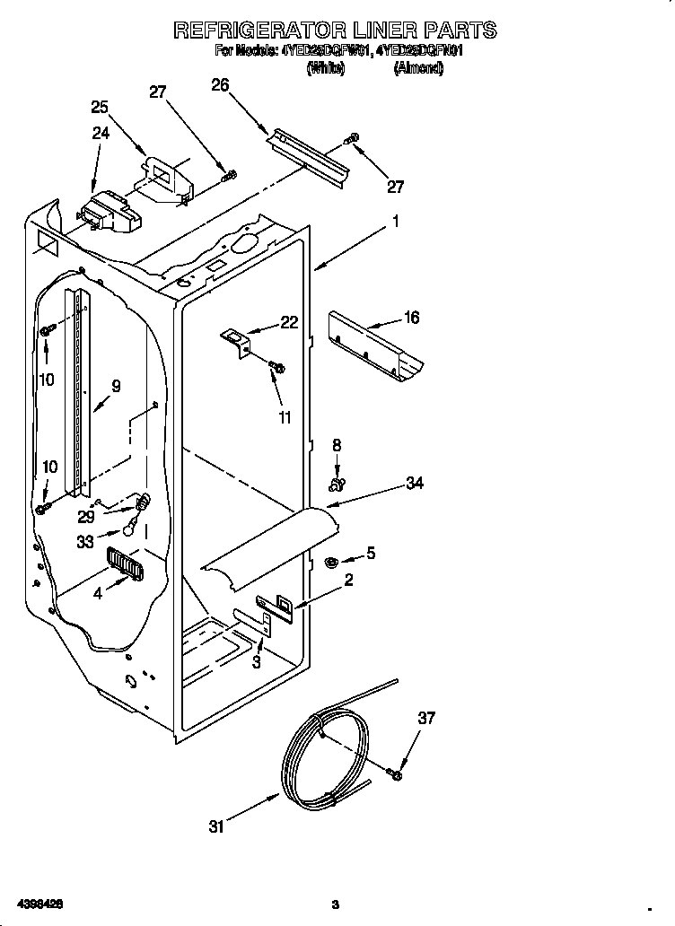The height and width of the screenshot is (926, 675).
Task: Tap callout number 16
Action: point(411,318)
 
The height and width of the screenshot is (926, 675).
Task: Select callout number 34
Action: point(414,484)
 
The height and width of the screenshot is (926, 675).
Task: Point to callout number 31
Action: point(216,826)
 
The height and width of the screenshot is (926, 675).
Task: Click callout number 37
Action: point(426,718)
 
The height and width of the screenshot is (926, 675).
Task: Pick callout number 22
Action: point(289,323)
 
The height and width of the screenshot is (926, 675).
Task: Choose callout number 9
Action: point(116,387)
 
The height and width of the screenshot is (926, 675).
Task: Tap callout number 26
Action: point(220,85)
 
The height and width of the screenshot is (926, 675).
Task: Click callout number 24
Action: point(100,133)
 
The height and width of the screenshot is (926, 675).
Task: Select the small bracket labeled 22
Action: point(238,341)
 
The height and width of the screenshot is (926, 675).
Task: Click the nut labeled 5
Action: point(329,563)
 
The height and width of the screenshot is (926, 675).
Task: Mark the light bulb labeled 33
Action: point(131,530)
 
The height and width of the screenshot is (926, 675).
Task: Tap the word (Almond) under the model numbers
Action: point(418,68)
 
